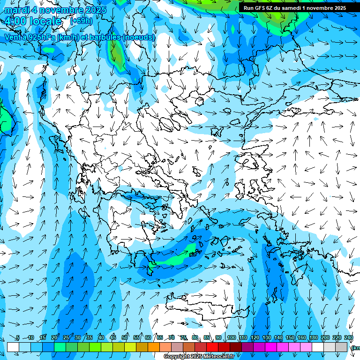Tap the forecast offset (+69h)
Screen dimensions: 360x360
[x=81, y=21]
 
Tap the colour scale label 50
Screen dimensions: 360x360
[x=125, y=338]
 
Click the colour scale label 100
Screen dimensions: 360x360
[x=231, y=338]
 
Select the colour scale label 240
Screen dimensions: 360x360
[x=349, y=338]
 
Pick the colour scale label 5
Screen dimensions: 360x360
[x=18, y=338]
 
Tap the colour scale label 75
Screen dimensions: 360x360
[x=183, y=338]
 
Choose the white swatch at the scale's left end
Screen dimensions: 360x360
[x=13, y=347]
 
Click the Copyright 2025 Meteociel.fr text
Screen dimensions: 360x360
[x=199, y=357]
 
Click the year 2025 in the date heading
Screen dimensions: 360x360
[x=93, y=10]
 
